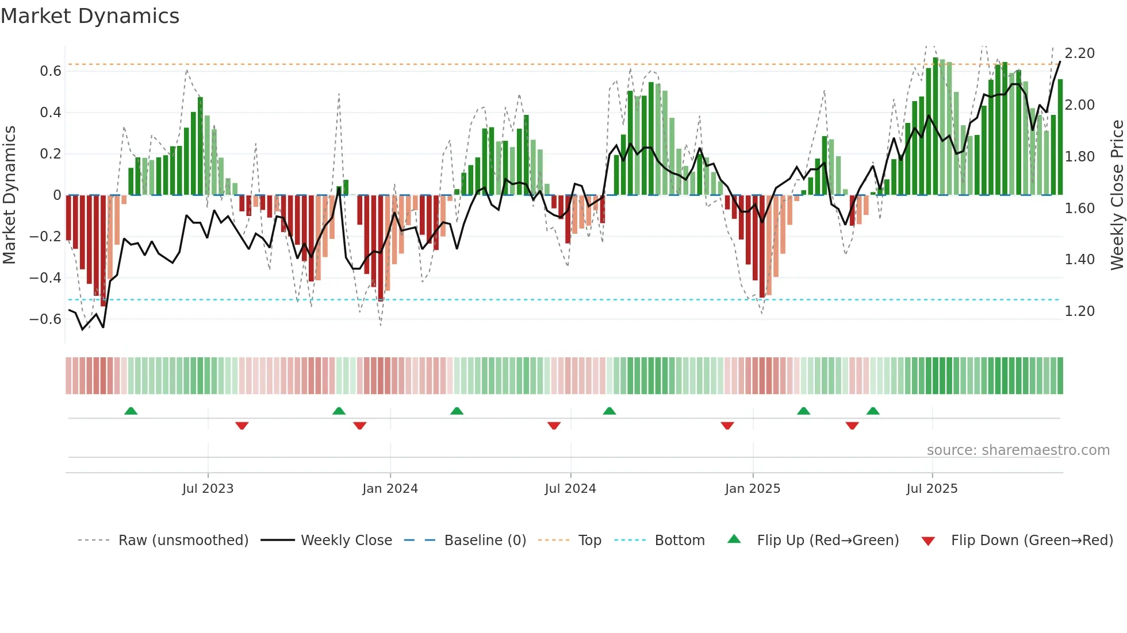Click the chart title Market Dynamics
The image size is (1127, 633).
point(90,16)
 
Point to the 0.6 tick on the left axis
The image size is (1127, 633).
point(51,71)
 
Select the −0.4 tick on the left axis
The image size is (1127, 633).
point(45,278)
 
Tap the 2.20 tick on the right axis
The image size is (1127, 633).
point(1079,53)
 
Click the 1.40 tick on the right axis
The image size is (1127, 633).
point(1079,260)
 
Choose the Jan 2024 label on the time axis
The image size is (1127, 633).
point(390,489)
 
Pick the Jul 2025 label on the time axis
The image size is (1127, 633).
point(931,489)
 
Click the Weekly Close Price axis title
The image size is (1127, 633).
point(1117,195)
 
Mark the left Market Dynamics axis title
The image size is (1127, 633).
point(9,195)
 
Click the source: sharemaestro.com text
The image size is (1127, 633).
point(1018,450)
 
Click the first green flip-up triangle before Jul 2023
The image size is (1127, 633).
point(131,411)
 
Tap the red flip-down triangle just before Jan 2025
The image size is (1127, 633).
point(727,426)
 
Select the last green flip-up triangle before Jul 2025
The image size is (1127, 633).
point(873,411)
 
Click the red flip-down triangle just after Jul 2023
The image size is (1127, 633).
point(242,426)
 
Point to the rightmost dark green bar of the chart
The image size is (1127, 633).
point(1060,138)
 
